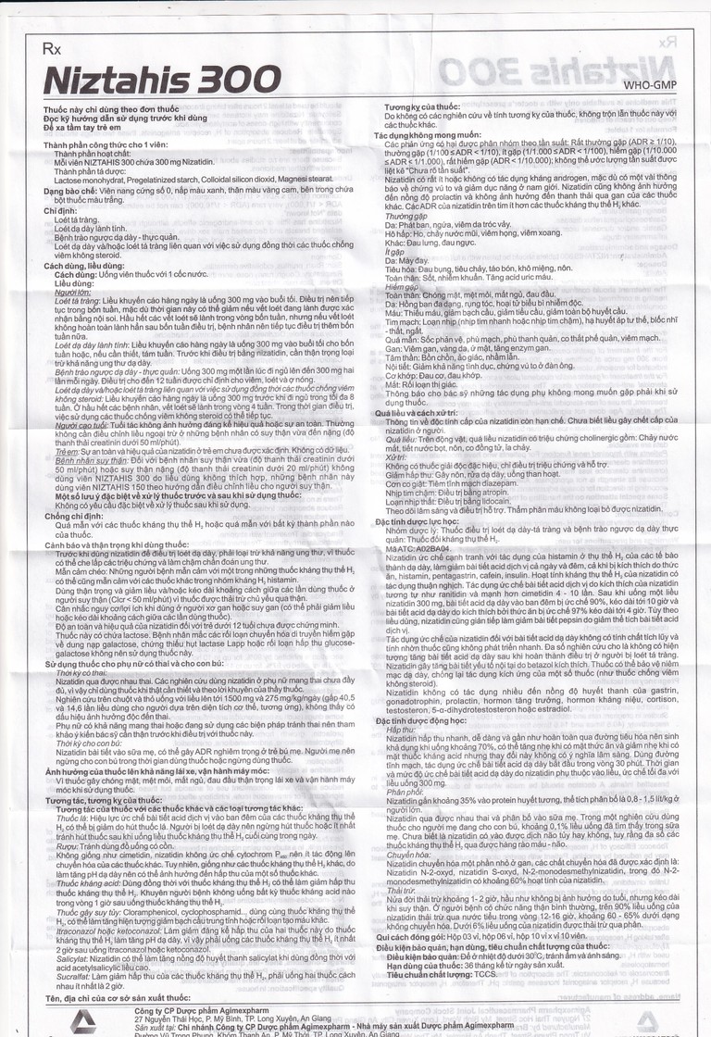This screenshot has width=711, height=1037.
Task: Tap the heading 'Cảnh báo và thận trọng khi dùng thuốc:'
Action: point(119,543)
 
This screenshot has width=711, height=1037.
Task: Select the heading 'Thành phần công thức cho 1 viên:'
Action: point(106,145)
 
